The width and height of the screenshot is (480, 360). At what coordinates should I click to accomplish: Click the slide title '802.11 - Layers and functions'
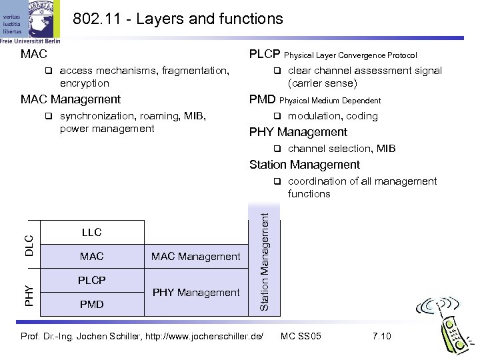coord(177,19)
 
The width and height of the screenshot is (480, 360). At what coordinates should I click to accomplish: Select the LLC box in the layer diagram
coord(92,233)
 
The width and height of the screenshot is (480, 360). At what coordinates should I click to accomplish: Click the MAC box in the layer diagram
coord(92,256)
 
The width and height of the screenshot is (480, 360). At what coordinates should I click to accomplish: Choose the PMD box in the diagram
coord(92,305)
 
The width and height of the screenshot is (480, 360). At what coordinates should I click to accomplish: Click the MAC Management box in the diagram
coord(196,256)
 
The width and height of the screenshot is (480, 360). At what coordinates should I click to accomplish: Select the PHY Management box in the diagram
coord(196,292)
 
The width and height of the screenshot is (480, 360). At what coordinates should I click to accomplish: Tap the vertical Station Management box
coord(264,261)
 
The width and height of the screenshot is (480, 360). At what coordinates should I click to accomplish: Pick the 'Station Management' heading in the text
coord(304,165)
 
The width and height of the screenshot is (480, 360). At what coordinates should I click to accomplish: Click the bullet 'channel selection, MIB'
coord(341,149)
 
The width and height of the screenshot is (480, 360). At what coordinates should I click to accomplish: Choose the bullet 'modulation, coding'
coord(333,116)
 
